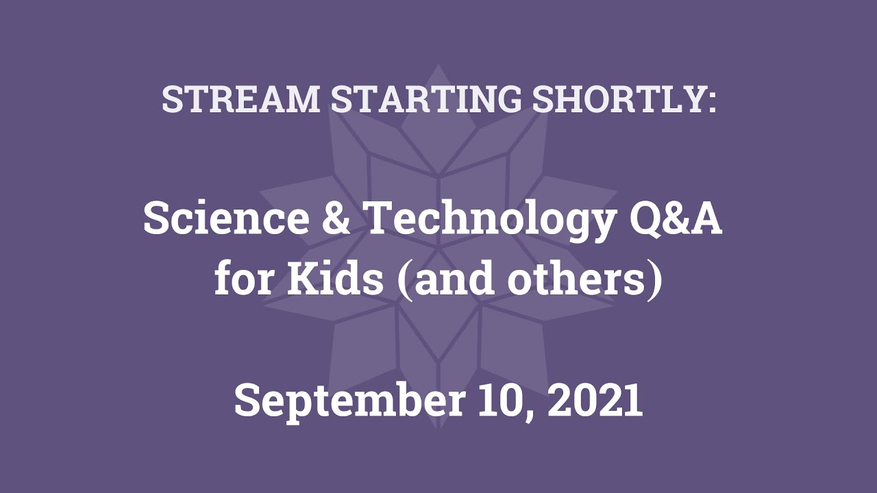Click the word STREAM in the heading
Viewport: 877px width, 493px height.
(x=240, y=99)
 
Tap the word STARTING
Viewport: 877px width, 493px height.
(x=426, y=99)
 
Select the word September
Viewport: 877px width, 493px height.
(x=349, y=401)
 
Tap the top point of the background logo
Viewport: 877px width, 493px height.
(x=438, y=65)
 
